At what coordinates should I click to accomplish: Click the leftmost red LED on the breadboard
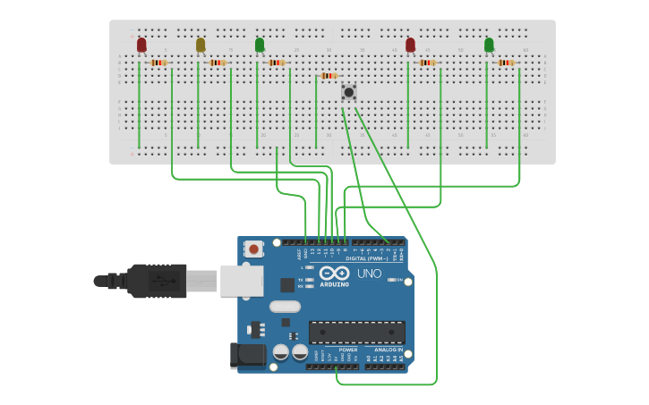(141, 45)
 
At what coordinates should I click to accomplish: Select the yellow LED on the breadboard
(201, 45)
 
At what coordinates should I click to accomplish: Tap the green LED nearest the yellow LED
(260, 45)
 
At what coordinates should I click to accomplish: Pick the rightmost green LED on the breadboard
(489, 45)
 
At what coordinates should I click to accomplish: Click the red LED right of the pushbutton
(411, 45)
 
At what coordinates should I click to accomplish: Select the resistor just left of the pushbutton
(329, 76)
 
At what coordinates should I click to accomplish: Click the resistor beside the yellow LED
(218, 63)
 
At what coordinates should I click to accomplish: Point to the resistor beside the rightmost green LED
(507, 63)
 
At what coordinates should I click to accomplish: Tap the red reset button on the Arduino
(254, 249)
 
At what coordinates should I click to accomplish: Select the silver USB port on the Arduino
(241, 280)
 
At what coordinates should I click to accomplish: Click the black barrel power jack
(247, 355)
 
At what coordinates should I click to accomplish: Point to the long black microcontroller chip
(355, 333)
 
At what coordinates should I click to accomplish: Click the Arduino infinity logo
(334, 274)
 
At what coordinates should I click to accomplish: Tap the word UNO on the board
(369, 274)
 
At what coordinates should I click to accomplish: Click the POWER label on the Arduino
(336, 350)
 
